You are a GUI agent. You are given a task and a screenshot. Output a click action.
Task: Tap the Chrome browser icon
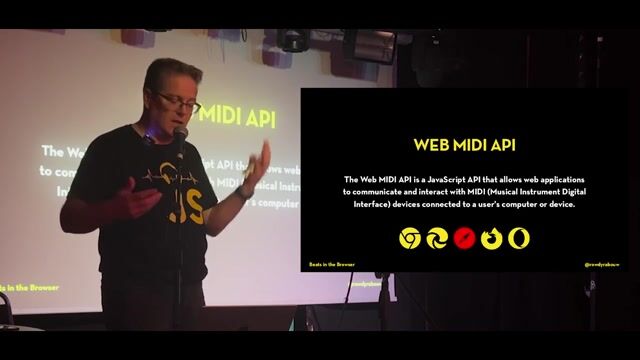[x=411, y=238]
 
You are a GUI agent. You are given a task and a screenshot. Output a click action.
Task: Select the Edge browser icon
[x=437, y=238]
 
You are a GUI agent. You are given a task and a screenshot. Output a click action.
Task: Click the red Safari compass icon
[x=464, y=238]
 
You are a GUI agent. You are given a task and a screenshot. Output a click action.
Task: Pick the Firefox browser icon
[x=492, y=238]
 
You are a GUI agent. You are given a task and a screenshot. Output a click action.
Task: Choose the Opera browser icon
[x=519, y=238]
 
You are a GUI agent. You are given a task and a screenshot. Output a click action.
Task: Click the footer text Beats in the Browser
[x=331, y=264]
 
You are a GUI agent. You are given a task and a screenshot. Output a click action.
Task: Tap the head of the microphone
[x=180, y=133]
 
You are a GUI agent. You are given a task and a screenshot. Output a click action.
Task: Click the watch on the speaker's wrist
[x=243, y=189]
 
